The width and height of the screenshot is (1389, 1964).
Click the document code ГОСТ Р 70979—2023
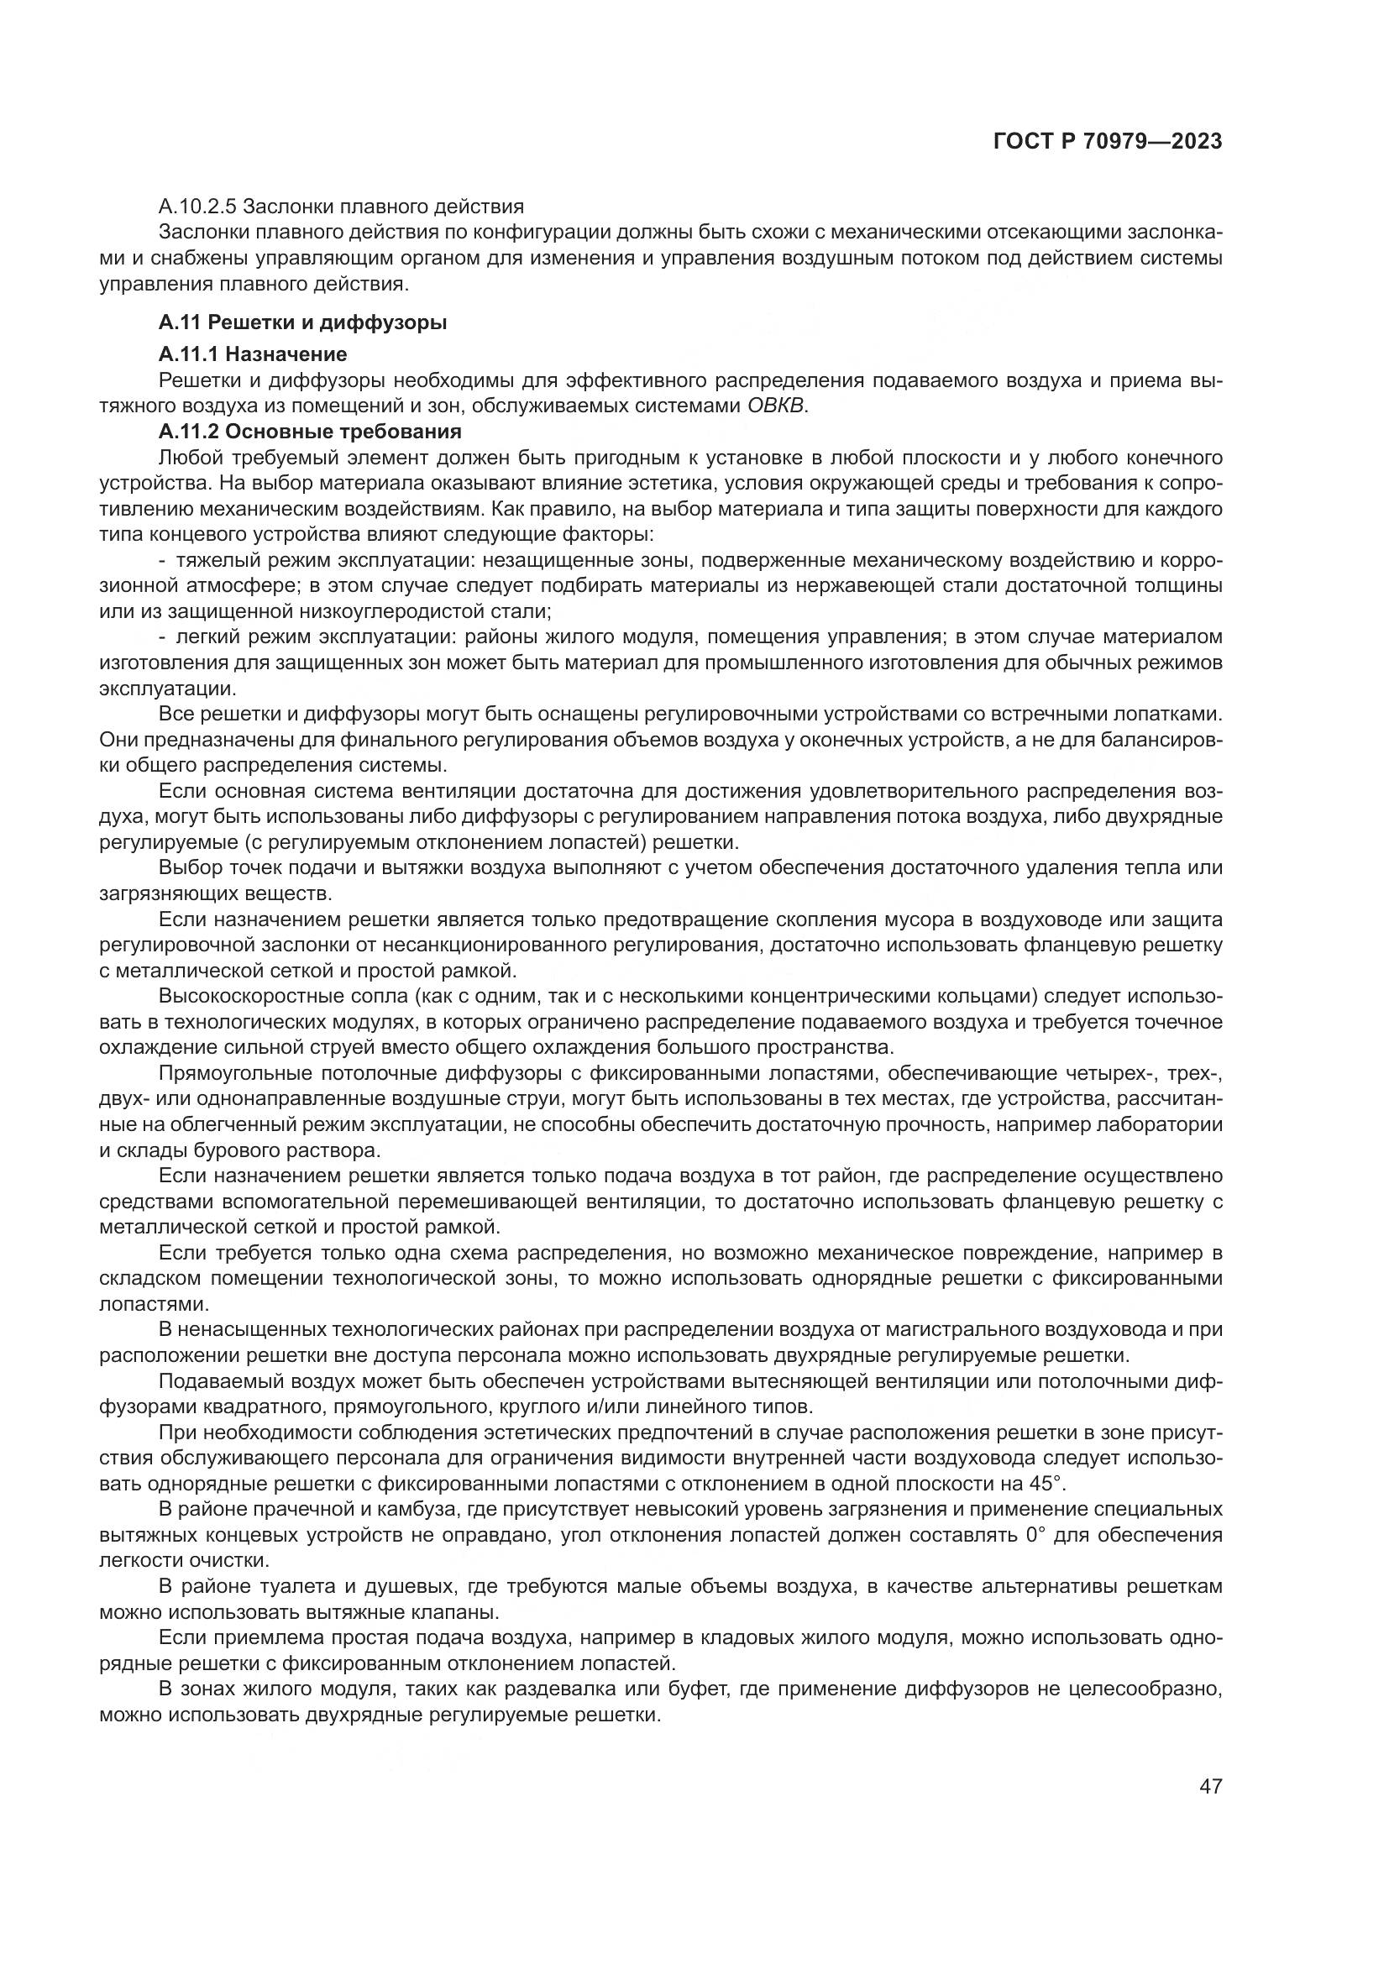pos(1108,142)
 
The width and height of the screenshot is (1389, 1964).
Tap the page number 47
pos(1210,1809)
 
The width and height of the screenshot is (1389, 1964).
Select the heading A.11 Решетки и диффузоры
pos(303,322)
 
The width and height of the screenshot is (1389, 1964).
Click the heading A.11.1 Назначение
pos(253,354)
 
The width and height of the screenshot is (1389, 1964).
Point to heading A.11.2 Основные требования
pos(310,431)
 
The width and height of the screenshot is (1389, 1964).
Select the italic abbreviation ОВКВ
pos(776,406)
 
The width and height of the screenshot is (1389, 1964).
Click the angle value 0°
pos(1035,1535)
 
